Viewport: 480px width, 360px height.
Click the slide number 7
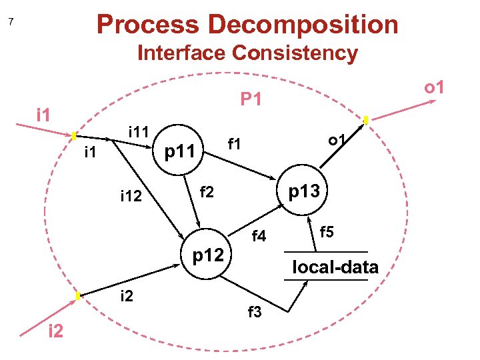pos(11,23)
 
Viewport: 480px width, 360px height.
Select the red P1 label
pos(251,100)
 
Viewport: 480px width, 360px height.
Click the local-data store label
pos(335,267)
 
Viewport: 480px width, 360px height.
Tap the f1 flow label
pos(234,143)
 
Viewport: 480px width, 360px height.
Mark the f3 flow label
pos(255,311)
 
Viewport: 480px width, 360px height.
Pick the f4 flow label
pos(259,236)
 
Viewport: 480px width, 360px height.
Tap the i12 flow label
pos(131,196)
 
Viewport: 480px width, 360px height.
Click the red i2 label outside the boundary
pos(55,331)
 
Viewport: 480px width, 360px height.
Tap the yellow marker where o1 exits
pos(366,120)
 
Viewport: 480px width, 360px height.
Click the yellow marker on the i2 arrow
pos(78,295)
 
